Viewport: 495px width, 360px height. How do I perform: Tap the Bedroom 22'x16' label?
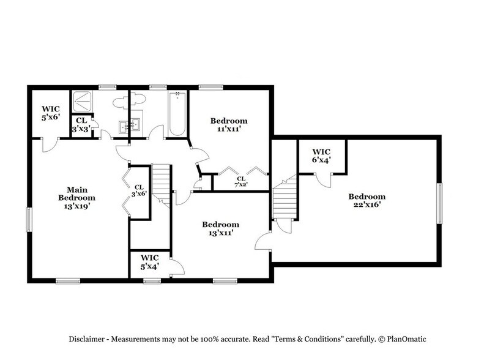[367, 201]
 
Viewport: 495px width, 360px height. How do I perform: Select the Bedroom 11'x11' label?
[229, 125]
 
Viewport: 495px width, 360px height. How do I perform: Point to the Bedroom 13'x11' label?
[221, 228]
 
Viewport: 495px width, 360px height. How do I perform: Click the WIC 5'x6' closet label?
[50, 112]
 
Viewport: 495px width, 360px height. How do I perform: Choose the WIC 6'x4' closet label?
[321, 156]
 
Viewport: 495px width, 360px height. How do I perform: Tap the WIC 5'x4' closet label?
[149, 262]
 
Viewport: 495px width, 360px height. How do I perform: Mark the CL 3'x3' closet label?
[81, 125]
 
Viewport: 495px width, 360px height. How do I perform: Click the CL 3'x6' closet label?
[139, 191]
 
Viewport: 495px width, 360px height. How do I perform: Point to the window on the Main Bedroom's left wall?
[29, 220]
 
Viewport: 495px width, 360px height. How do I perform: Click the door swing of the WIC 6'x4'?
[324, 179]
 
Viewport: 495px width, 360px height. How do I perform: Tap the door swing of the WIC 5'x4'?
[177, 267]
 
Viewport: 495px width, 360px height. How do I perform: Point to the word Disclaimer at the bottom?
[87, 339]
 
